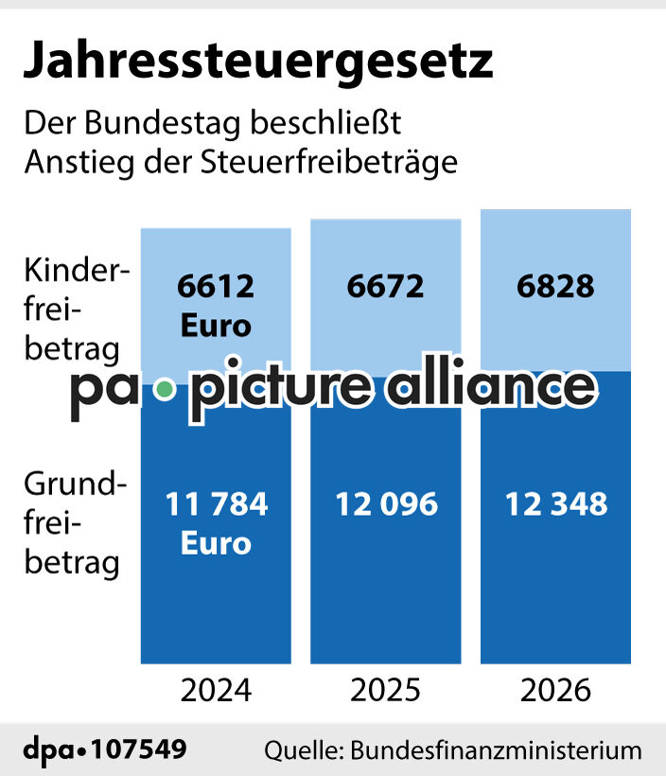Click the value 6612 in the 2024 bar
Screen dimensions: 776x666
[216, 286]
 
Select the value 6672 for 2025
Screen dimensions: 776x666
[386, 286]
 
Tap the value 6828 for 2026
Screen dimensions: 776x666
[556, 286]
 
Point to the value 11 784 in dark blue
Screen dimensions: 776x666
[216, 504]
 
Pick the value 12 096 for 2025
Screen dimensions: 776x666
[386, 504]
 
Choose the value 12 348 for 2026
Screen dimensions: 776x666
[556, 504]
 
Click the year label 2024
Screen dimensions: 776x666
[216, 690]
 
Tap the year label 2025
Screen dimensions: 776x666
[386, 690]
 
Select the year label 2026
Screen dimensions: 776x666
[556, 690]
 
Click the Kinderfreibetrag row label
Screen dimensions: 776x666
[74, 309]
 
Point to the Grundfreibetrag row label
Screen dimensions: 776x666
[74, 523]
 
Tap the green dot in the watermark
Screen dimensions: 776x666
[166, 389]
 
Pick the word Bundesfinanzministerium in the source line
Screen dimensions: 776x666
[497, 751]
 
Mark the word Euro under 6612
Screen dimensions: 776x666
[216, 326]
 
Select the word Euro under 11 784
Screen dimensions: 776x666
[216, 544]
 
